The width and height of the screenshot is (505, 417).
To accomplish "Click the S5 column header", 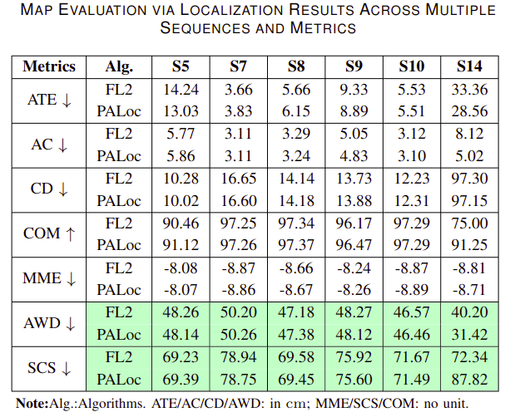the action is click(x=181, y=66).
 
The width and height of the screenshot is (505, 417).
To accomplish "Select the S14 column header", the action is click(x=469, y=66).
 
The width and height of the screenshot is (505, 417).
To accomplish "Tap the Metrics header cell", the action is click(x=49, y=66).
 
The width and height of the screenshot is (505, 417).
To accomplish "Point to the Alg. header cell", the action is click(x=119, y=67).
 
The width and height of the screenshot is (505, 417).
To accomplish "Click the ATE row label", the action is click(x=49, y=100).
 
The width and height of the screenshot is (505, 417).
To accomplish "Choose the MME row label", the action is click(x=49, y=278).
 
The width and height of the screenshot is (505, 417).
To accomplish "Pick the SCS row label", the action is click(x=49, y=368).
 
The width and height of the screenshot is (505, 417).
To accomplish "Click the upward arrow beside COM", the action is click(x=70, y=233).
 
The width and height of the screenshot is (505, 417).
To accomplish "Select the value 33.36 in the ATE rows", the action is click(x=469, y=90).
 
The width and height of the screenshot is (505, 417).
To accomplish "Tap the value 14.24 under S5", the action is click(x=181, y=90).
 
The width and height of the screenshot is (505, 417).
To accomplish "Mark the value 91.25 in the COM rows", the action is click(x=469, y=245).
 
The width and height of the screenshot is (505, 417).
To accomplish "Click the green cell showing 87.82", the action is click(x=469, y=380).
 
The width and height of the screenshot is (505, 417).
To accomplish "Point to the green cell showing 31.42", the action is click(x=469, y=335).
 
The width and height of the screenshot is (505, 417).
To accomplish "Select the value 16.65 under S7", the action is click(x=238, y=179).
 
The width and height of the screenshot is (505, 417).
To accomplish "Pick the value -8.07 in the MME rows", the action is click(x=181, y=290).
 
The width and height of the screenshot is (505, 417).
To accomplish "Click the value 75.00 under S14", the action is click(x=469, y=223).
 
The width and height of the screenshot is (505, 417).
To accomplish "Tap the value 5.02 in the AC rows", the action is click(x=469, y=156).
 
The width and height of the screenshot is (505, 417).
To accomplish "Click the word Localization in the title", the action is click(x=232, y=10).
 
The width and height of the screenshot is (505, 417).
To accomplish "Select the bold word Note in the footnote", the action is click(x=32, y=404).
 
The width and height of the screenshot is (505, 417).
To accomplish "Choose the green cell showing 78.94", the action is click(x=238, y=357).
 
